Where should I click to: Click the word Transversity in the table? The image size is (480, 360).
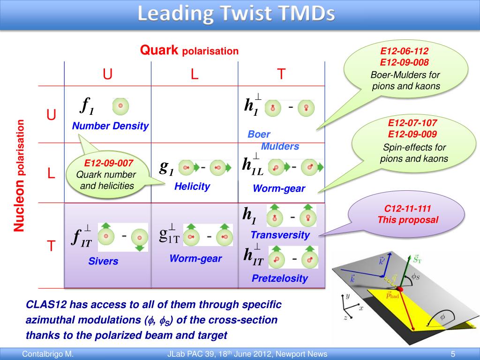point(280,235)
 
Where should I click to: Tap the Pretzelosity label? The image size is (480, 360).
point(280,278)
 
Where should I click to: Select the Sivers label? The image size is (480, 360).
point(103,261)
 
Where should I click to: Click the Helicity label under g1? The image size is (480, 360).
point(192,186)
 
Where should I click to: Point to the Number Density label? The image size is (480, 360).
point(110,126)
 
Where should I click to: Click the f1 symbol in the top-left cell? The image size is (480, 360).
point(87,106)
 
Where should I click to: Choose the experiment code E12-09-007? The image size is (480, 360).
point(109,163)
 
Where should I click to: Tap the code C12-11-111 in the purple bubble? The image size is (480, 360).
point(408,209)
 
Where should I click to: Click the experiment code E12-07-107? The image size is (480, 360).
point(412,123)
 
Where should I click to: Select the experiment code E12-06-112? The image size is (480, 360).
point(405,51)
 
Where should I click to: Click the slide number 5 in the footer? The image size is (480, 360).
point(453,354)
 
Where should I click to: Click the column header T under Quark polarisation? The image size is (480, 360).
point(281,74)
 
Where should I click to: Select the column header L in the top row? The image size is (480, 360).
point(195,74)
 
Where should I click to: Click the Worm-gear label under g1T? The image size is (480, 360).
point(195,258)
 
